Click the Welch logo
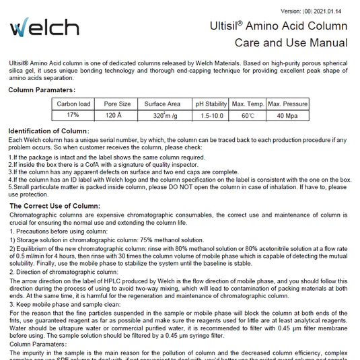click(44, 27)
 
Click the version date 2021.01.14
click(334, 11)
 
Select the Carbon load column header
click(73, 104)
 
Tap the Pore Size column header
click(117, 104)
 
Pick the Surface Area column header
click(162, 104)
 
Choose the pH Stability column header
click(211, 104)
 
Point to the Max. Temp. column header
click(248, 104)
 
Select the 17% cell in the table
click(73, 115)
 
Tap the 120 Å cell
click(117, 115)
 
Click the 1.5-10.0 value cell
click(211, 115)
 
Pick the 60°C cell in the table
click(248, 115)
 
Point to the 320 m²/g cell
click(162, 115)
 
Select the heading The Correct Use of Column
click(56, 205)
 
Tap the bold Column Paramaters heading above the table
click(41, 89)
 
